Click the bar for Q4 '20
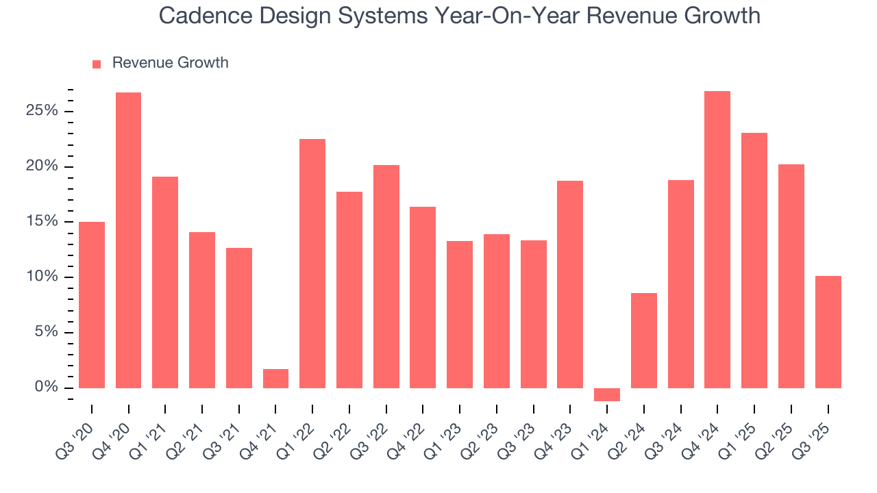128,240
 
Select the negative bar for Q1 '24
606,394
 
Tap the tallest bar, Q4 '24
717,240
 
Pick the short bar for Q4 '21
275,379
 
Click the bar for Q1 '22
312,264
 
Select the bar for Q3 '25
828,332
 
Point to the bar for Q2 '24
643,340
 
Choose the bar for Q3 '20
92,305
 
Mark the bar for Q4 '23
570,284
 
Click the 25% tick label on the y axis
42,111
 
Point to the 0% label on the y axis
47,388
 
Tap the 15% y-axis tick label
42,222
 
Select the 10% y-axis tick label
42,277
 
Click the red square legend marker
97,64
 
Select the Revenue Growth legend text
170,63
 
